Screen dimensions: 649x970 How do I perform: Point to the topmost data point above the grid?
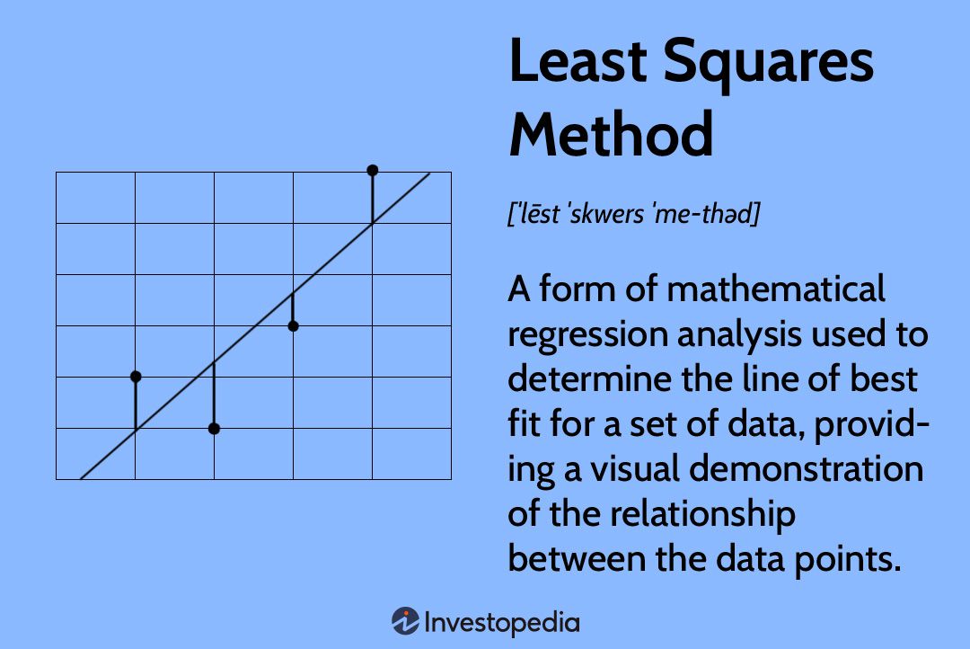click(x=373, y=170)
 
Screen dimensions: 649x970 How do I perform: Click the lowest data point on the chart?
click(x=214, y=429)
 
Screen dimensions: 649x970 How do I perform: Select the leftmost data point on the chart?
click(x=136, y=376)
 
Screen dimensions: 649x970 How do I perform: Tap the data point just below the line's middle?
click(x=293, y=325)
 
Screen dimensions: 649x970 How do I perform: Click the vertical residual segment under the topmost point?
click(x=373, y=198)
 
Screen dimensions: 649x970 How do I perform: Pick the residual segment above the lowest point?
click(x=214, y=396)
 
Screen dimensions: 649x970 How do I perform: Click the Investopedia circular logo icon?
click(x=405, y=621)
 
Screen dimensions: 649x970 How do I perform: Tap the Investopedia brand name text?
click(x=502, y=622)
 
